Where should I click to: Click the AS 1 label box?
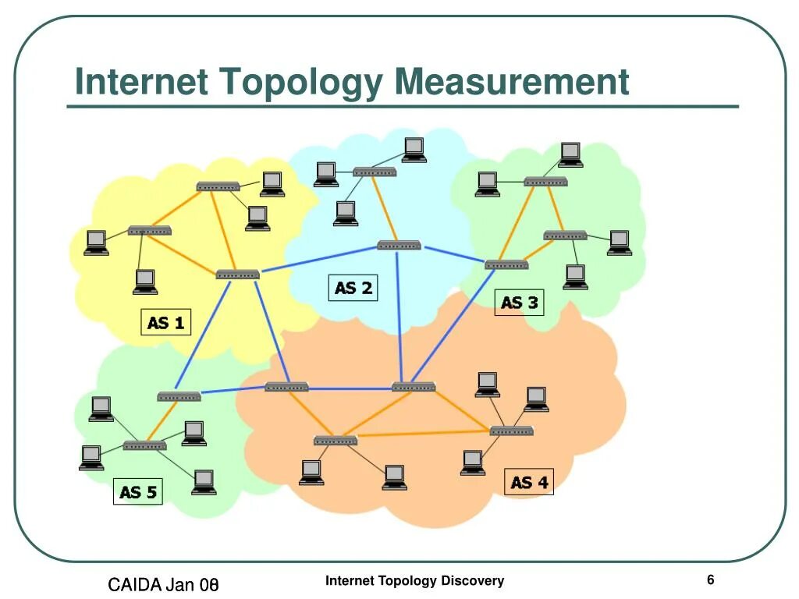(x=165, y=322)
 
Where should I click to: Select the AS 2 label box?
(x=353, y=288)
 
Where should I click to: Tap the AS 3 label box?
(x=519, y=303)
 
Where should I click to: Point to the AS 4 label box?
(x=529, y=482)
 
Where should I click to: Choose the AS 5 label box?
(x=138, y=491)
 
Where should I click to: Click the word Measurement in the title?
(x=512, y=83)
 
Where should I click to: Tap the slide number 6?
(x=711, y=580)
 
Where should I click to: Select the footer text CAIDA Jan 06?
(x=162, y=584)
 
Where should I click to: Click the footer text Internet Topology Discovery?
(x=414, y=580)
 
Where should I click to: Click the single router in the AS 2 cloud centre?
(x=399, y=245)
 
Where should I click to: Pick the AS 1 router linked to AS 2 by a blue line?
(x=237, y=274)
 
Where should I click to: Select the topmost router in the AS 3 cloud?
(x=545, y=182)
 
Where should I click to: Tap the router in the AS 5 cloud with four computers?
(x=144, y=445)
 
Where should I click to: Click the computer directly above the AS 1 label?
(x=144, y=281)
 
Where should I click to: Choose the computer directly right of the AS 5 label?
(x=204, y=481)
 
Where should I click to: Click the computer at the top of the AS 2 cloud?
(x=414, y=149)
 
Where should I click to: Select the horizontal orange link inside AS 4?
(x=424, y=433)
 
